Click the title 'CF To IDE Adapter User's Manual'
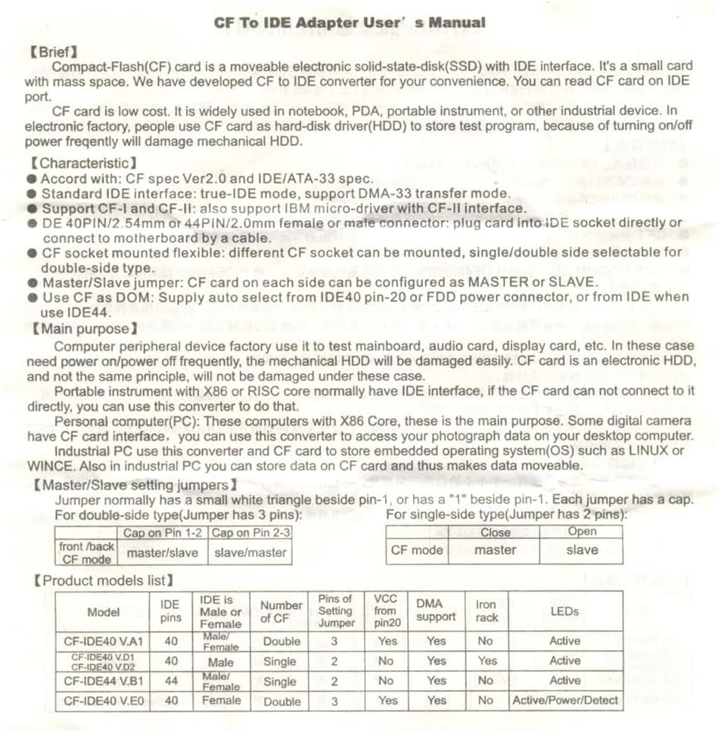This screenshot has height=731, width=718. pos(350,23)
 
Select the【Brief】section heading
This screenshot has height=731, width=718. pos(53,52)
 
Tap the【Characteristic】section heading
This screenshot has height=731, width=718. pos(82,163)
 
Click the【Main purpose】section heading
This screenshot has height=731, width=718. pos(82,329)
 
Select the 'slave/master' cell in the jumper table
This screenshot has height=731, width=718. pos(250,552)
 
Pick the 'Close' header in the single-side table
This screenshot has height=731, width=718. pos(496,532)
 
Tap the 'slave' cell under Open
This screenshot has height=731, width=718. pos(581,550)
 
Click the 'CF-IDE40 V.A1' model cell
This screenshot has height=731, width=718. pos(103,641)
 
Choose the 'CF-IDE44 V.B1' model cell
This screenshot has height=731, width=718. pos(103,680)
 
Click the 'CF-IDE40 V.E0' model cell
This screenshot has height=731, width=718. pos(103,700)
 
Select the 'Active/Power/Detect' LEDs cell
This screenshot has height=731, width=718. pos(565,700)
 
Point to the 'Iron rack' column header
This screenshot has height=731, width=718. pos(486,611)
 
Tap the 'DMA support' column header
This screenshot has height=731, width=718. pos(437,611)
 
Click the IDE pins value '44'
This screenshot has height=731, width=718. pos(171,680)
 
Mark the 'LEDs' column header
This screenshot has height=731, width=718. pos(565,611)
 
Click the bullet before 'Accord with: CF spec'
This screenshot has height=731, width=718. pos(32,179)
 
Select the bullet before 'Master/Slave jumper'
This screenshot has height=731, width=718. pos(32,283)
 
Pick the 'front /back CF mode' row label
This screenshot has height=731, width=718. pos(85,552)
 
